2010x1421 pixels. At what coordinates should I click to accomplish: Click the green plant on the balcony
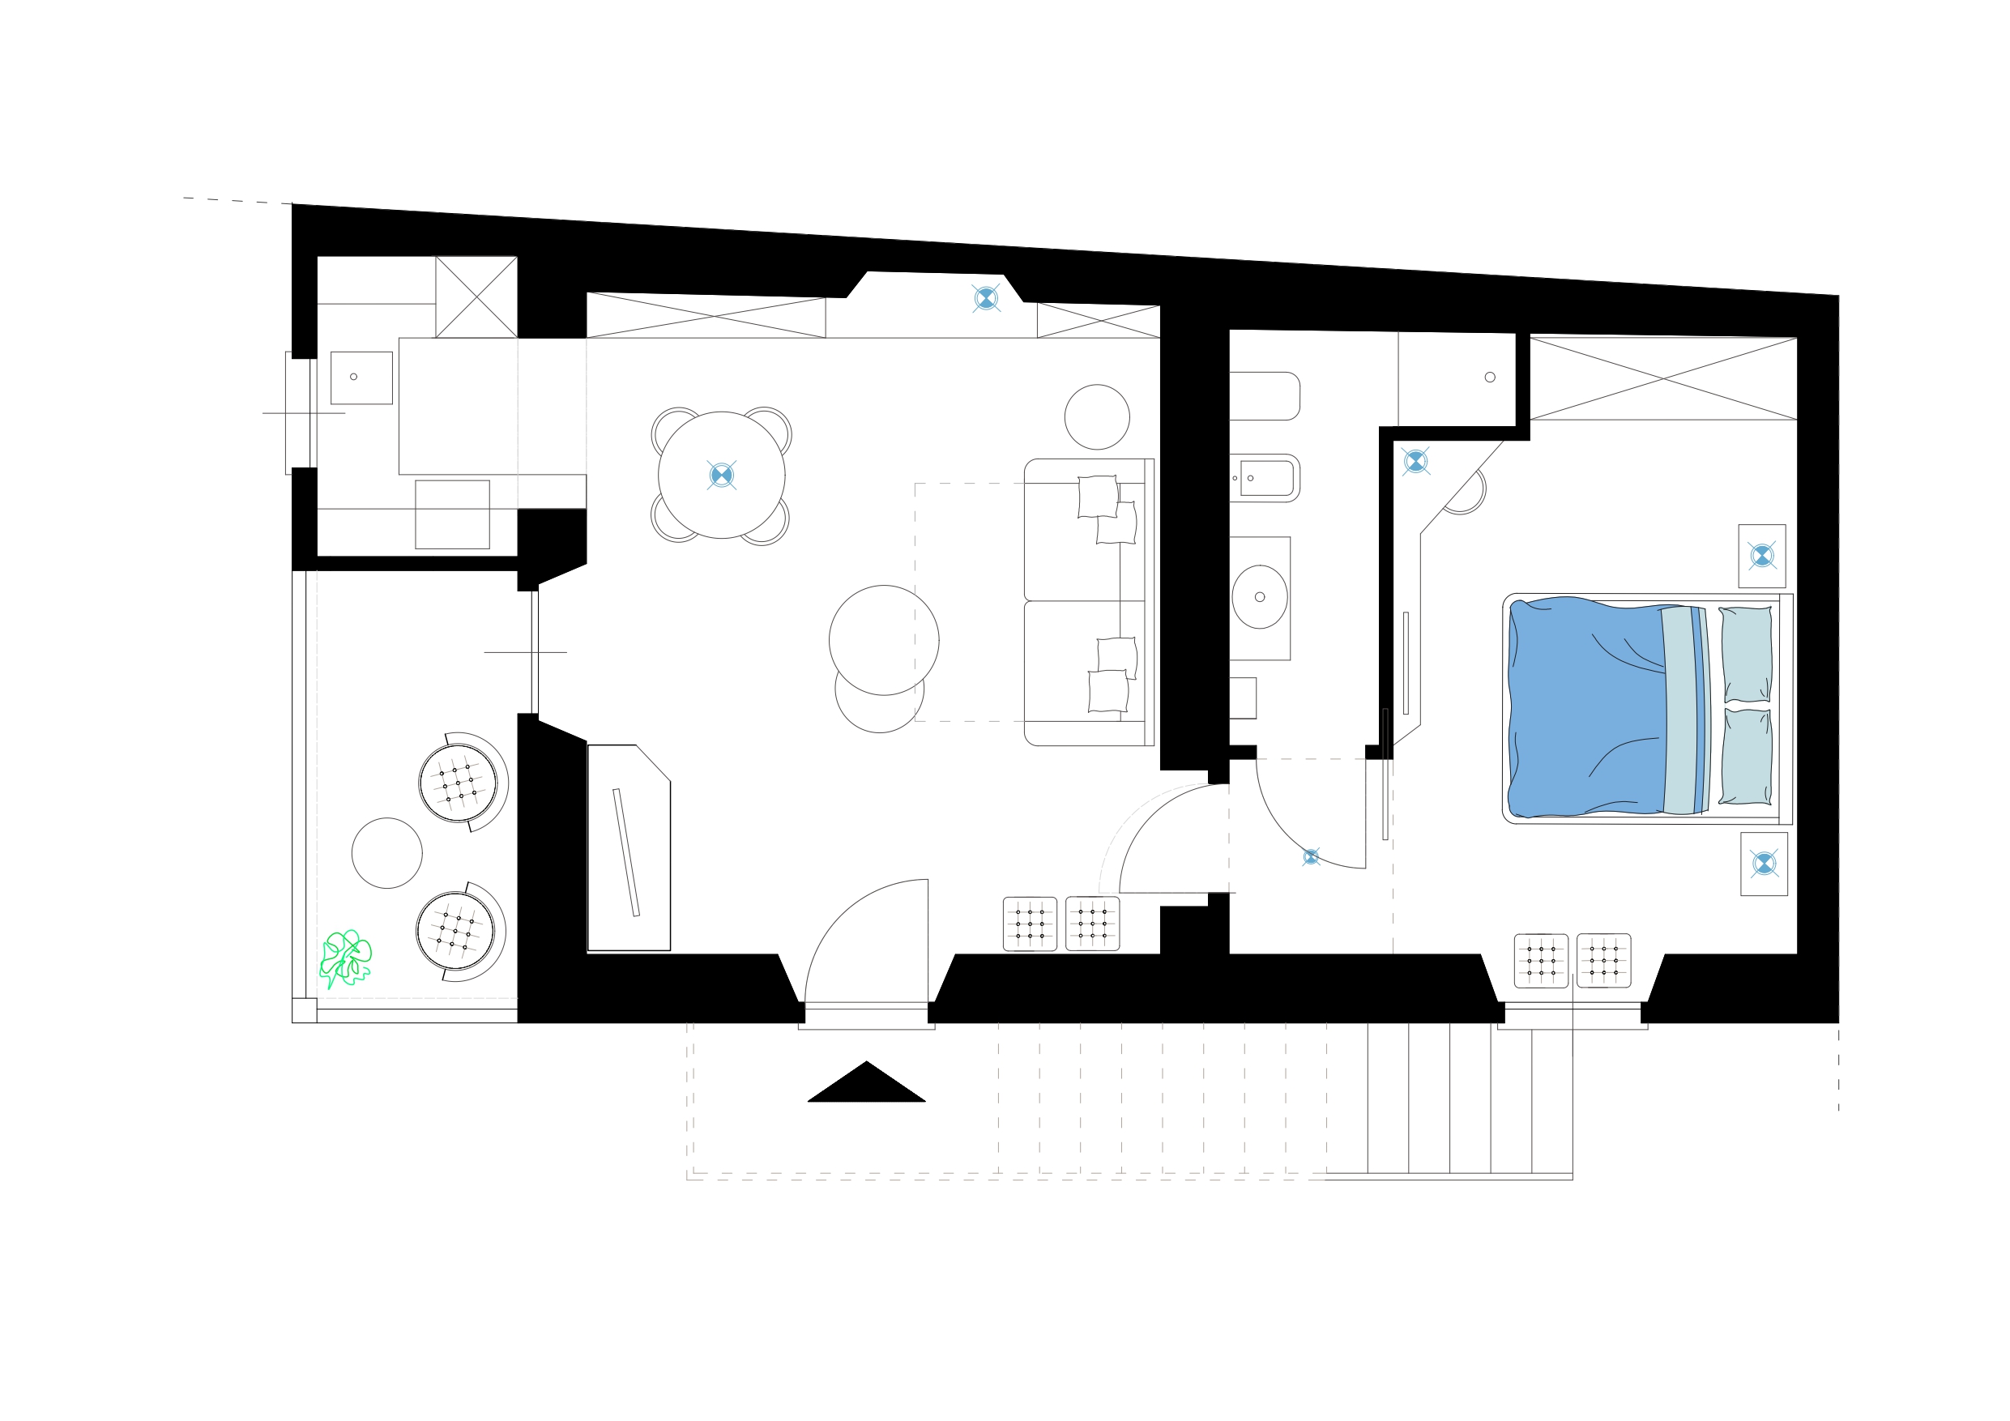(x=345, y=958)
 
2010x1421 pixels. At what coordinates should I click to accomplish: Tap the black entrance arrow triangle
(x=866, y=1086)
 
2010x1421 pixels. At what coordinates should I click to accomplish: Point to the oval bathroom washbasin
(x=1259, y=597)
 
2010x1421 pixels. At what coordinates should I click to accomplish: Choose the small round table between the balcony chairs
(x=387, y=853)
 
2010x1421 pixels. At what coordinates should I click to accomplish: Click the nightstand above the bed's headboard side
(x=1761, y=556)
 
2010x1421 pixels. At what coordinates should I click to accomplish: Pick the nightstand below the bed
(x=1763, y=864)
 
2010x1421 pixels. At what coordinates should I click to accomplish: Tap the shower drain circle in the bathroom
(x=1490, y=378)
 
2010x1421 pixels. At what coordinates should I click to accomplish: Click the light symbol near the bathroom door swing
(x=1311, y=857)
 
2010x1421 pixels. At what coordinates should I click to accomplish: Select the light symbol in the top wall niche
(x=986, y=299)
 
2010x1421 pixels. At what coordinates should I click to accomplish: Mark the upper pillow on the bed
(x=1747, y=654)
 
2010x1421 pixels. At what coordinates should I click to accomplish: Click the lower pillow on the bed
(x=1747, y=757)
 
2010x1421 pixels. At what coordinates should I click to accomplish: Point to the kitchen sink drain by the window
(x=354, y=377)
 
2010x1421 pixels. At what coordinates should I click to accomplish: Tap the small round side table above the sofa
(x=1097, y=416)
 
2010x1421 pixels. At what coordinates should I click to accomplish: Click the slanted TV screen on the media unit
(x=626, y=853)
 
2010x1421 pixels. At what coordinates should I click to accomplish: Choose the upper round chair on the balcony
(x=458, y=783)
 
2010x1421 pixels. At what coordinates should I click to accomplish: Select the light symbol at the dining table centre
(x=721, y=476)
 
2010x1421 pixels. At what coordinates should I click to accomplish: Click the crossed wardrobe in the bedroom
(x=1662, y=378)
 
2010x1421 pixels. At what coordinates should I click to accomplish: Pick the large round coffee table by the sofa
(x=884, y=640)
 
